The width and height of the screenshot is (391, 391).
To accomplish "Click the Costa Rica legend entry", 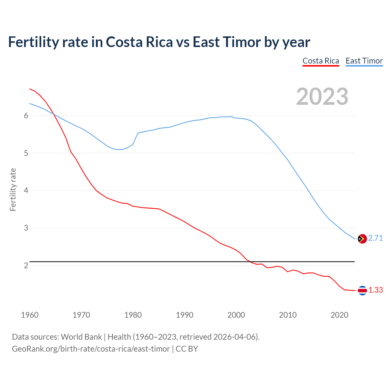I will tap(321, 61).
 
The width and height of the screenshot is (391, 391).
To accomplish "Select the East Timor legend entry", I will tap(364, 61).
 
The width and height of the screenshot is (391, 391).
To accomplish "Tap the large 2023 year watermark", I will tap(322, 97).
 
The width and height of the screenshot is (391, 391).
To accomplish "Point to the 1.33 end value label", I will tap(375, 290).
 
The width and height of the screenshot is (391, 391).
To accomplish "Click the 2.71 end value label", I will tap(375, 238).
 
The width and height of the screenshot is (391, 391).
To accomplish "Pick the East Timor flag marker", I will tap(362, 239).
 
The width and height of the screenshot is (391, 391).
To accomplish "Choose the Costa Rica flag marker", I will tap(362, 291).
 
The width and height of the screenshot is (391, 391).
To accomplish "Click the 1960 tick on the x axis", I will tap(30, 315).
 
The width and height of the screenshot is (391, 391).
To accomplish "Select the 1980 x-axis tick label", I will tap(133, 315).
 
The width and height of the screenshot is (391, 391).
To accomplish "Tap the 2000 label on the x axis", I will tap(236, 315).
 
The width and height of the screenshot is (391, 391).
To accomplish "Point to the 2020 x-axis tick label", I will tap(339, 315).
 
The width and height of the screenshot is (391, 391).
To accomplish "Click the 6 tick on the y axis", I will tap(26, 116).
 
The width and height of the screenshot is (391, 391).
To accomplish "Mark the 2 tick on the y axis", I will tap(26, 266).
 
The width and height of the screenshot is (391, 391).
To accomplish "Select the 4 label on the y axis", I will tap(26, 191).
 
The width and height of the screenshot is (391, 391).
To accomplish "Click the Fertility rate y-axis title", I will tap(13, 189).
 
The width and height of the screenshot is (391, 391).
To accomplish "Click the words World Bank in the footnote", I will tap(81, 337).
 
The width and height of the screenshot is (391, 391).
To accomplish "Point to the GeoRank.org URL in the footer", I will tap(91, 349).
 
